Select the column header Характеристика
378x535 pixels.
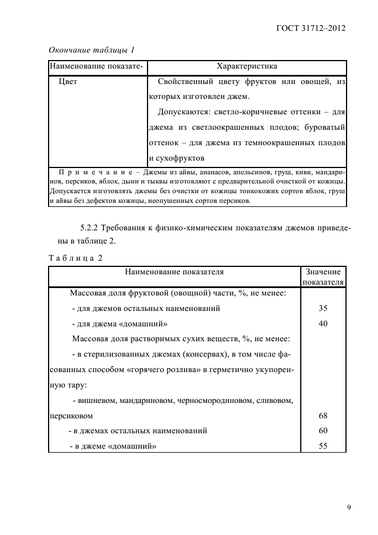click(246, 67)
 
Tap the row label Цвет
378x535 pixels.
click(68, 82)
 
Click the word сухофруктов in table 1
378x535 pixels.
click(177, 157)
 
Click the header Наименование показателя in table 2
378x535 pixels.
click(174, 272)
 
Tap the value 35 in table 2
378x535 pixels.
click(323, 308)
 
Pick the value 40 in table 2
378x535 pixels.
click(323, 323)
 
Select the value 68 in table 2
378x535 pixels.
click(323, 416)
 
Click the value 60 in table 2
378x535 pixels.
click(323, 430)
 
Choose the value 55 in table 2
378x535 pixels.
click(323, 446)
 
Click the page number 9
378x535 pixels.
click(348, 506)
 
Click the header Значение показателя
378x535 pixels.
click(323, 277)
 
